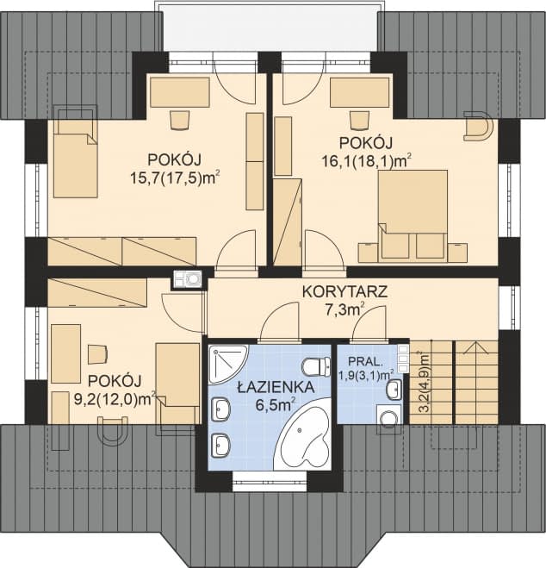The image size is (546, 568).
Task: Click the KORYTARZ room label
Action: point(344,291)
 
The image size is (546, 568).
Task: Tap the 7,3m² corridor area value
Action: point(344,310)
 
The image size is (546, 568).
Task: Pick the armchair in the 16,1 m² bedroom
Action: point(478,129)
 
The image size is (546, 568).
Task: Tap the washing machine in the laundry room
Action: point(389,419)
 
